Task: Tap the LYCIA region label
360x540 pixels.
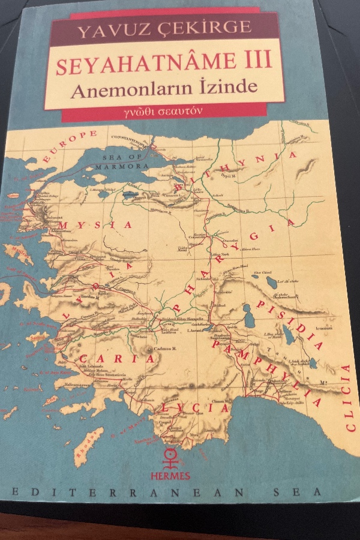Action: [194, 408]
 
